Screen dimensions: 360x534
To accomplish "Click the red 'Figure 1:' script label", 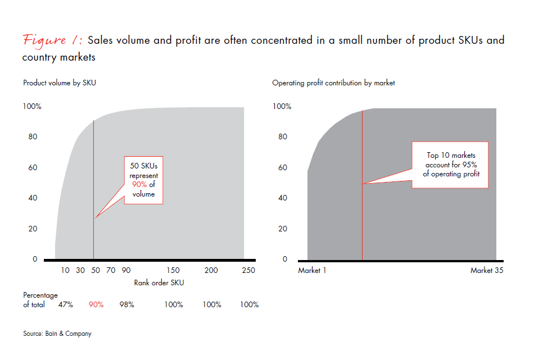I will [x=53, y=40].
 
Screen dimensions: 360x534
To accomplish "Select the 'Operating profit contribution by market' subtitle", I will [x=333, y=83].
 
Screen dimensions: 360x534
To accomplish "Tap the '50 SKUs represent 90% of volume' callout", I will [x=143, y=180].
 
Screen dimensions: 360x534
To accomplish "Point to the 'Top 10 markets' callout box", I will [x=450, y=165].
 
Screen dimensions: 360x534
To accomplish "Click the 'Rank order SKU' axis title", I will [x=159, y=282].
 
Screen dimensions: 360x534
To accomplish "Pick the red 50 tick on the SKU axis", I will [x=96, y=270].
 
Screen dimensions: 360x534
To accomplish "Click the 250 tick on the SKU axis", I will [x=248, y=270].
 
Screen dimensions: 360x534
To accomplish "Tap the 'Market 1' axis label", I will [x=313, y=270].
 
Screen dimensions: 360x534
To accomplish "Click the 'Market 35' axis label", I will [x=487, y=270].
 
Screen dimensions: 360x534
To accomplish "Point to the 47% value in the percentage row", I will [x=66, y=304].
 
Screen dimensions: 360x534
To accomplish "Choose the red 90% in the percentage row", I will [x=96, y=304].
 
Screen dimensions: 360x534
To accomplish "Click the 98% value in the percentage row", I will [x=126, y=304].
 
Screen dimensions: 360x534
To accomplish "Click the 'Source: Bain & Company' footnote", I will [x=57, y=334].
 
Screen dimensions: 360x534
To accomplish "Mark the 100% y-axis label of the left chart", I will [x=32, y=106].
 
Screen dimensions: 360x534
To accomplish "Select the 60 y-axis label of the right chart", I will [x=282, y=167].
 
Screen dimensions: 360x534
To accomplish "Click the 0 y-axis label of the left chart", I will [x=35, y=259].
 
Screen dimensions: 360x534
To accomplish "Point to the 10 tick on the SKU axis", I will [x=65, y=270].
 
